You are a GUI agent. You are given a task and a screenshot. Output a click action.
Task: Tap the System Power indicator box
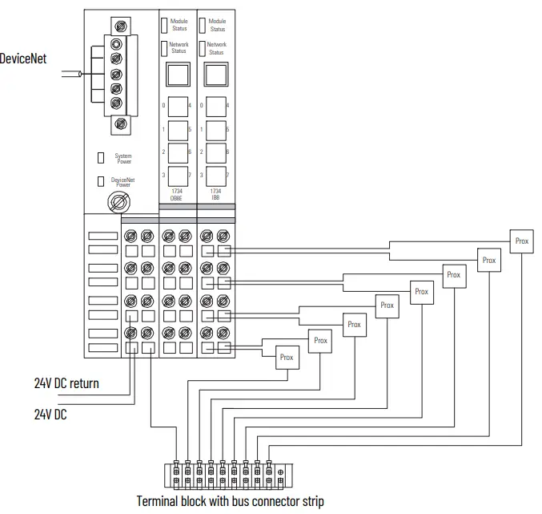100,157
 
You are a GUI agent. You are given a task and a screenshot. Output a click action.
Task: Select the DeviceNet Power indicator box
100,181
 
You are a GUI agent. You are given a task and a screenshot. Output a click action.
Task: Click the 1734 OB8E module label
177,195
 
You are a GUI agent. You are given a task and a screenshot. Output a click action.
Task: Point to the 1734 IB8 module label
216,195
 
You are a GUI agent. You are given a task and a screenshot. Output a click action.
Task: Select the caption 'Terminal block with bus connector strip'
231,500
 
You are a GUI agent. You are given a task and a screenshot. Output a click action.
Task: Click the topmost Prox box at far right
521,241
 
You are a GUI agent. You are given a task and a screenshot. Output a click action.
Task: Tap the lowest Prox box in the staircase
287,358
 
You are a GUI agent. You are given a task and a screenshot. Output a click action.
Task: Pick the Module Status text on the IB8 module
217,25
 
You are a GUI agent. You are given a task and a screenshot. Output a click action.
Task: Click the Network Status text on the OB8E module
179,48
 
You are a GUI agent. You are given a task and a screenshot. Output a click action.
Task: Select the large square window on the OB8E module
177,76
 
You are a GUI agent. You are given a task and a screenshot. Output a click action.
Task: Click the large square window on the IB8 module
216,76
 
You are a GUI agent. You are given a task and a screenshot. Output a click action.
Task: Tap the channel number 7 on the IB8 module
227,175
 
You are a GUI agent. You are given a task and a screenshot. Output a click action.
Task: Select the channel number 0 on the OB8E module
164,105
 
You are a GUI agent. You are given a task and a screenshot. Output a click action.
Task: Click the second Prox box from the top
488,260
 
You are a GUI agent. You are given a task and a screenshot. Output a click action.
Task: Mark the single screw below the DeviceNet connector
121,123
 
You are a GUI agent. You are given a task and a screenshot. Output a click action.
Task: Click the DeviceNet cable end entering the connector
80,74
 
